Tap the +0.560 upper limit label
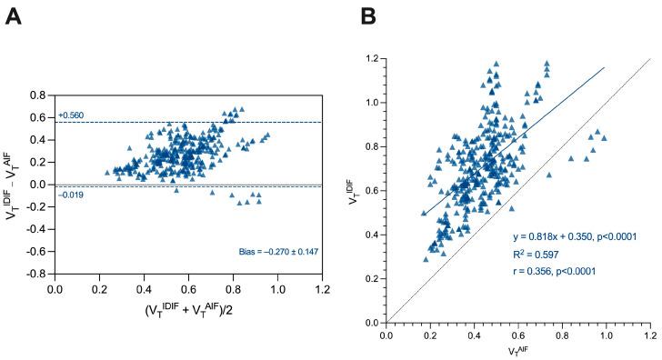pos(71,115)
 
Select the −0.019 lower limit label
pos(71,194)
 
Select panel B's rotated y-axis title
pos(354,190)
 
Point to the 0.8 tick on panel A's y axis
pos(38,95)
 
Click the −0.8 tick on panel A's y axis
pos(35,273)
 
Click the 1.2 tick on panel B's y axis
pos(371,59)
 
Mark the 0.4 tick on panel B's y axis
pos(371,235)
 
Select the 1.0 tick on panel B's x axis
pos(605,335)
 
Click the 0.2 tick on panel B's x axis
pos(429,335)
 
